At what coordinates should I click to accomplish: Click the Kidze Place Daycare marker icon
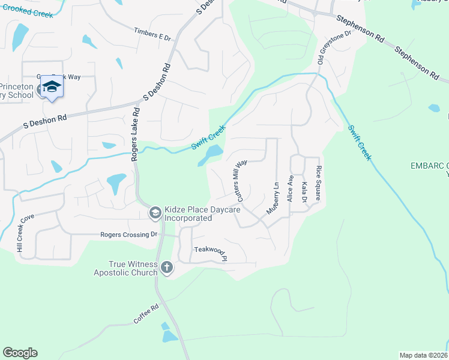pyautogui.click(x=155, y=212)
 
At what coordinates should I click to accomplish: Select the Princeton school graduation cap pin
pyautogui.click(x=52, y=88)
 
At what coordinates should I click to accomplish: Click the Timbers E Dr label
pyautogui.click(x=152, y=35)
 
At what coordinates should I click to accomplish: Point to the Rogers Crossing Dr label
pyautogui.click(x=128, y=235)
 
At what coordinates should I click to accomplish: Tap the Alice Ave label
pyautogui.click(x=291, y=188)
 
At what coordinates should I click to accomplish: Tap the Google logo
pyautogui.click(x=20, y=353)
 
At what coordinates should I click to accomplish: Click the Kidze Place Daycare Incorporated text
pyautogui.click(x=202, y=214)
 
